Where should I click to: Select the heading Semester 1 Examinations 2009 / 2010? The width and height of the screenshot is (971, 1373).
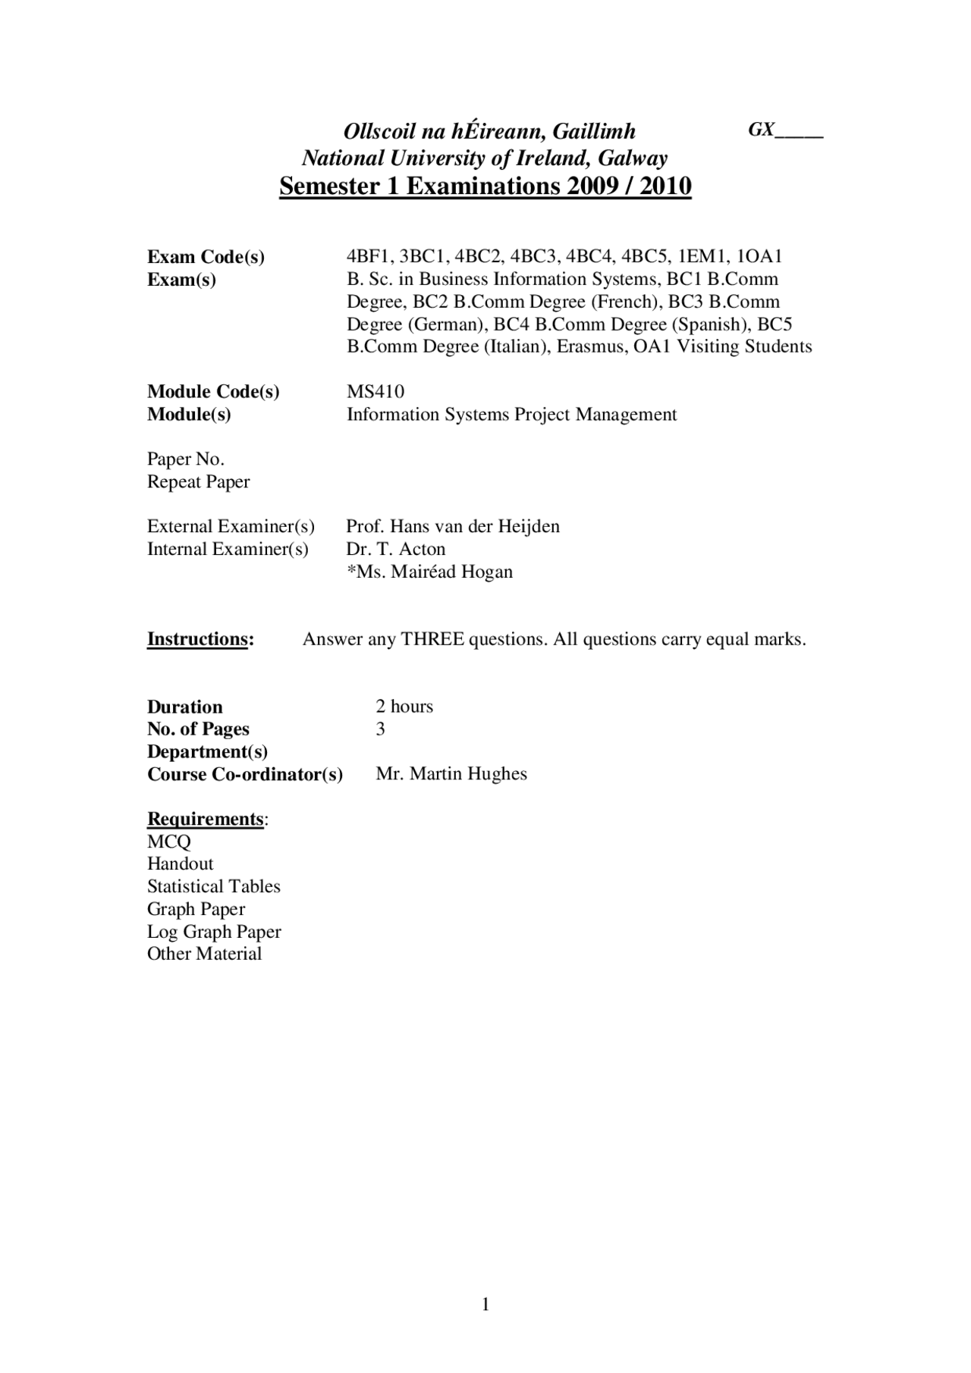[485, 186]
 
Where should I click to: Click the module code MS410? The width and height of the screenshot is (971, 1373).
[376, 392]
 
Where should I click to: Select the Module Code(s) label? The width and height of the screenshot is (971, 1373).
[213, 392]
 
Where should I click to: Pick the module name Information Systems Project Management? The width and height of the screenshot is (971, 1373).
[511, 415]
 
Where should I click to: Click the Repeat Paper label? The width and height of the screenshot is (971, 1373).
[198, 482]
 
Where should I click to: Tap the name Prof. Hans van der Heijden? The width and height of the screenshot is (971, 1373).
[453, 527]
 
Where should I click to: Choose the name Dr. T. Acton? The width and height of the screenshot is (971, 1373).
[396, 549]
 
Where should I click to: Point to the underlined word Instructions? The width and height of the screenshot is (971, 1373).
[197, 639]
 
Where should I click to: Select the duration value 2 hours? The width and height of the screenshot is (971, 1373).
[404, 707]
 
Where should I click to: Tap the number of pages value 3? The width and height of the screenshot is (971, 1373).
[381, 729]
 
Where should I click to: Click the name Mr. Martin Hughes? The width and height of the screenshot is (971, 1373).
[451, 774]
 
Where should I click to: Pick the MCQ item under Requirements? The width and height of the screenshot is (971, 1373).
[169, 842]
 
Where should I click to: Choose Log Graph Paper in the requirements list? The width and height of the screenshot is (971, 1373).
[214, 932]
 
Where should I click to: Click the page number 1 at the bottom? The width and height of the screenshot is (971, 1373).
[485, 1305]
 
